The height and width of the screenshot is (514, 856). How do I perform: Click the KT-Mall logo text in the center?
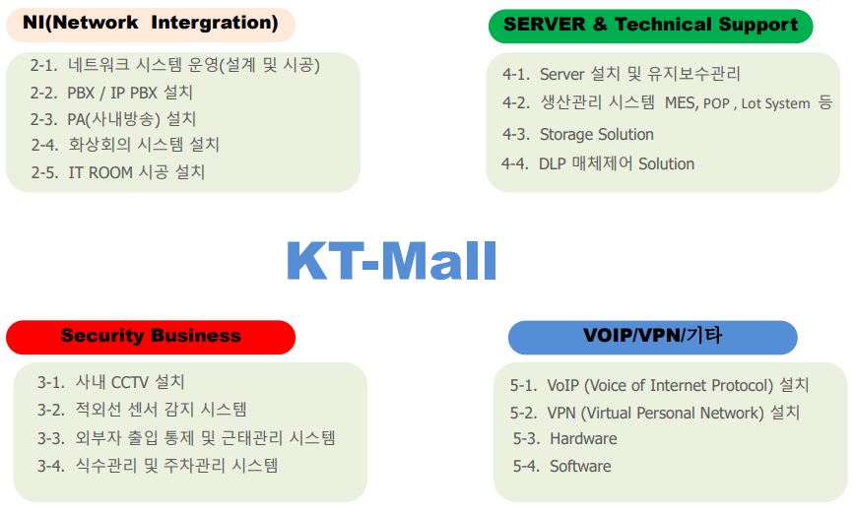pos(391,260)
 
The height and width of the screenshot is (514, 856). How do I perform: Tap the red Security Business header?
pos(151,337)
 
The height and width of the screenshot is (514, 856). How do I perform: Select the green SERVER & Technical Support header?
pos(650,26)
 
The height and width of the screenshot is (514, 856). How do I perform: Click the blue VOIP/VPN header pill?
pos(652,337)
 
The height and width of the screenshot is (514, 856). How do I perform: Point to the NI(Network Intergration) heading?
pos(150,24)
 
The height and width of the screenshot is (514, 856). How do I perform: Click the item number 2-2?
pos(43,93)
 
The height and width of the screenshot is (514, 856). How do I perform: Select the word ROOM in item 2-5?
pos(110,172)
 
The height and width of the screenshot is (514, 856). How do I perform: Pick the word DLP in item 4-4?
pos(553,163)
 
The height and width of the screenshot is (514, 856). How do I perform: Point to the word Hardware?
pos(583,439)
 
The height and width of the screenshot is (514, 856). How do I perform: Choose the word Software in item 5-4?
pos(580,466)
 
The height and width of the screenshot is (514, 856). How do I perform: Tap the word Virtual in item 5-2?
pos(606,413)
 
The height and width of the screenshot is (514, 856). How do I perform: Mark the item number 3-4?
pos(51,466)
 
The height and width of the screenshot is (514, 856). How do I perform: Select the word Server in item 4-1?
pos(562,74)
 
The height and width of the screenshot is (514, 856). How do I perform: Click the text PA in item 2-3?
pos(76,119)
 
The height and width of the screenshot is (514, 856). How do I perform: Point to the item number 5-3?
pos(526,439)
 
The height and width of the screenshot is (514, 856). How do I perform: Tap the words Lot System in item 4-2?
pos(776,103)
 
